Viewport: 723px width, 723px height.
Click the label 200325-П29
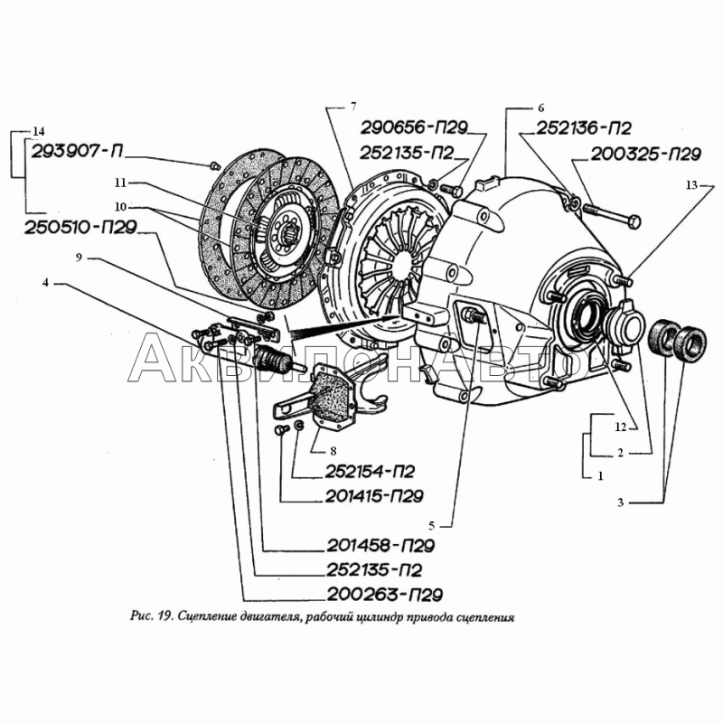(647, 155)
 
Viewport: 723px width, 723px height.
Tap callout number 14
(37, 128)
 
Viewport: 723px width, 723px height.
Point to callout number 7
(355, 108)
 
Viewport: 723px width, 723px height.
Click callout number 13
(691, 185)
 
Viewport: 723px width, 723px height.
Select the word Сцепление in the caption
(217, 620)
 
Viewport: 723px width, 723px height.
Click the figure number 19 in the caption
(163, 620)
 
